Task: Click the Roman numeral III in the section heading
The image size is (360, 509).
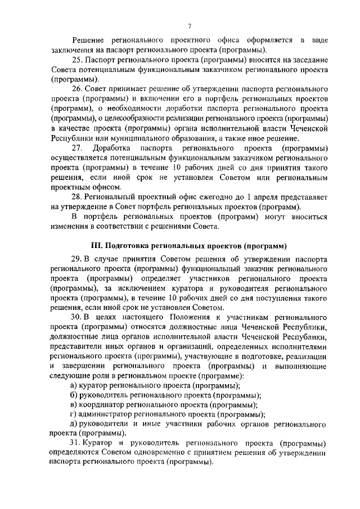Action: (96, 246)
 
